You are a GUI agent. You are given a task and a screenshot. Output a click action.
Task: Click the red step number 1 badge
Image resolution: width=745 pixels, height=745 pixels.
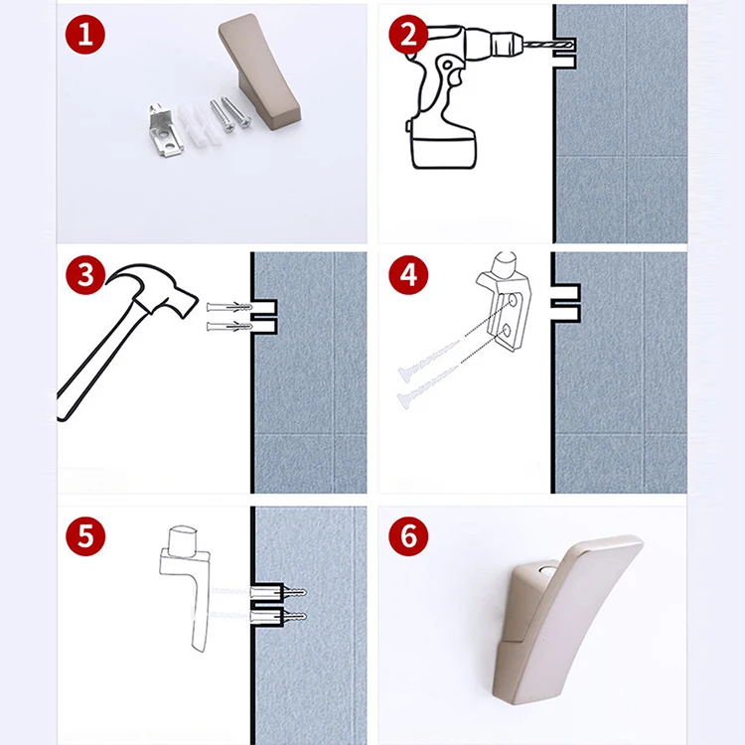click(85, 34)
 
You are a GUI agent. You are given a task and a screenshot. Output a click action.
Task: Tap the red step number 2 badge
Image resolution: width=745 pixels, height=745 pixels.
click(408, 34)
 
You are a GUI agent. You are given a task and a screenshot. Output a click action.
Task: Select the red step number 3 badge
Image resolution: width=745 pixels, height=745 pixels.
click(85, 275)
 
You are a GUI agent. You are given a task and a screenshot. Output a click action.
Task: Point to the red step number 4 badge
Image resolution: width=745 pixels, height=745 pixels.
click(408, 275)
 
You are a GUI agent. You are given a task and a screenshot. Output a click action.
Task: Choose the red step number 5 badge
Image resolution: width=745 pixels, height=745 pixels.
click(85, 536)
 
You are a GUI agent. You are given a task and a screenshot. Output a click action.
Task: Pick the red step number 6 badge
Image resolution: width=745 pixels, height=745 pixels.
click(408, 536)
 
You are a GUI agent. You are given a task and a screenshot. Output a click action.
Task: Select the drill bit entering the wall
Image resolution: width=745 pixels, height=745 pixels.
click(547, 46)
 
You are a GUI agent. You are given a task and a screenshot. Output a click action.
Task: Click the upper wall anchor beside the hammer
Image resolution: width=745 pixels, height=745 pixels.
click(229, 307)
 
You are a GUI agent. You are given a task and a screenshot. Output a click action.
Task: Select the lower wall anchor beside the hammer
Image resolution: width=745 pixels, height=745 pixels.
click(229, 327)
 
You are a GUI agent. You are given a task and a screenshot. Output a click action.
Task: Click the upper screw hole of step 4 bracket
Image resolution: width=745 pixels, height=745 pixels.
click(513, 300)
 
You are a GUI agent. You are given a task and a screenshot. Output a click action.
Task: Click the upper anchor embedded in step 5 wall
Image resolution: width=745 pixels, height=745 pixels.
click(278, 593)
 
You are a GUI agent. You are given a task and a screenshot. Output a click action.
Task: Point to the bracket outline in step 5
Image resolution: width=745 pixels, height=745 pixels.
click(186, 588)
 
